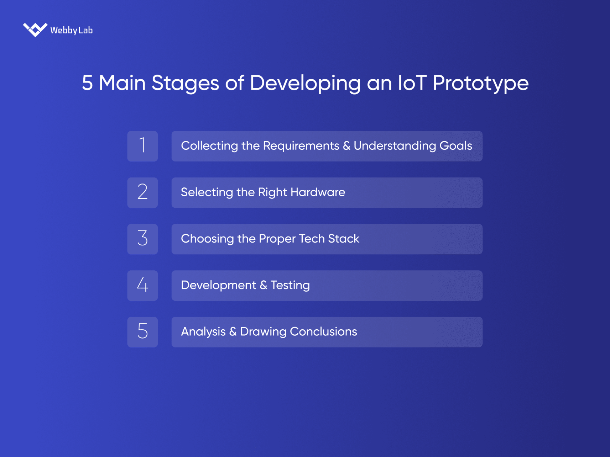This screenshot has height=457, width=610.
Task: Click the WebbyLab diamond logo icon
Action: [x=35, y=30]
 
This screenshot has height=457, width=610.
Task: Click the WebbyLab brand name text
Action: [x=71, y=30]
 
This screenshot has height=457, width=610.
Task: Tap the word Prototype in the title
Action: [x=480, y=83]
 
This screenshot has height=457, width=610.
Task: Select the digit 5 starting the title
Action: [x=87, y=83]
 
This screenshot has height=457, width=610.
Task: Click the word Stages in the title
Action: [x=185, y=83]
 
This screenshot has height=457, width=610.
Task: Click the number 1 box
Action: [x=142, y=146]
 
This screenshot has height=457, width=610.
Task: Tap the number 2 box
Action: [x=142, y=192]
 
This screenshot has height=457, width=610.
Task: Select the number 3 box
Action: [x=142, y=239]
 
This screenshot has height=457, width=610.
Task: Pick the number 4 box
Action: [x=142, y=286]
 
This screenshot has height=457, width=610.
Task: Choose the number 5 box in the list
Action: [x=142, y=332]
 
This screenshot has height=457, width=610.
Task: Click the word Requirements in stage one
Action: [x=301, y=146]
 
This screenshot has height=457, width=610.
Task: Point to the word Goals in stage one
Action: [x=455, y=146]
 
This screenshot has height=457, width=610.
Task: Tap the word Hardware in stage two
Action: [x=318, y=192]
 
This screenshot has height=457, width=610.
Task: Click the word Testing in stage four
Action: [x=290, y=285]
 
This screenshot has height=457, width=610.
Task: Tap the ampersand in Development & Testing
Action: [x=263, y=285]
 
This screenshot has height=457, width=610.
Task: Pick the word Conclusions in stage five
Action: [x=323, y=331]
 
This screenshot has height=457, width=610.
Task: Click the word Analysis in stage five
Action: [x=203, y=331]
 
